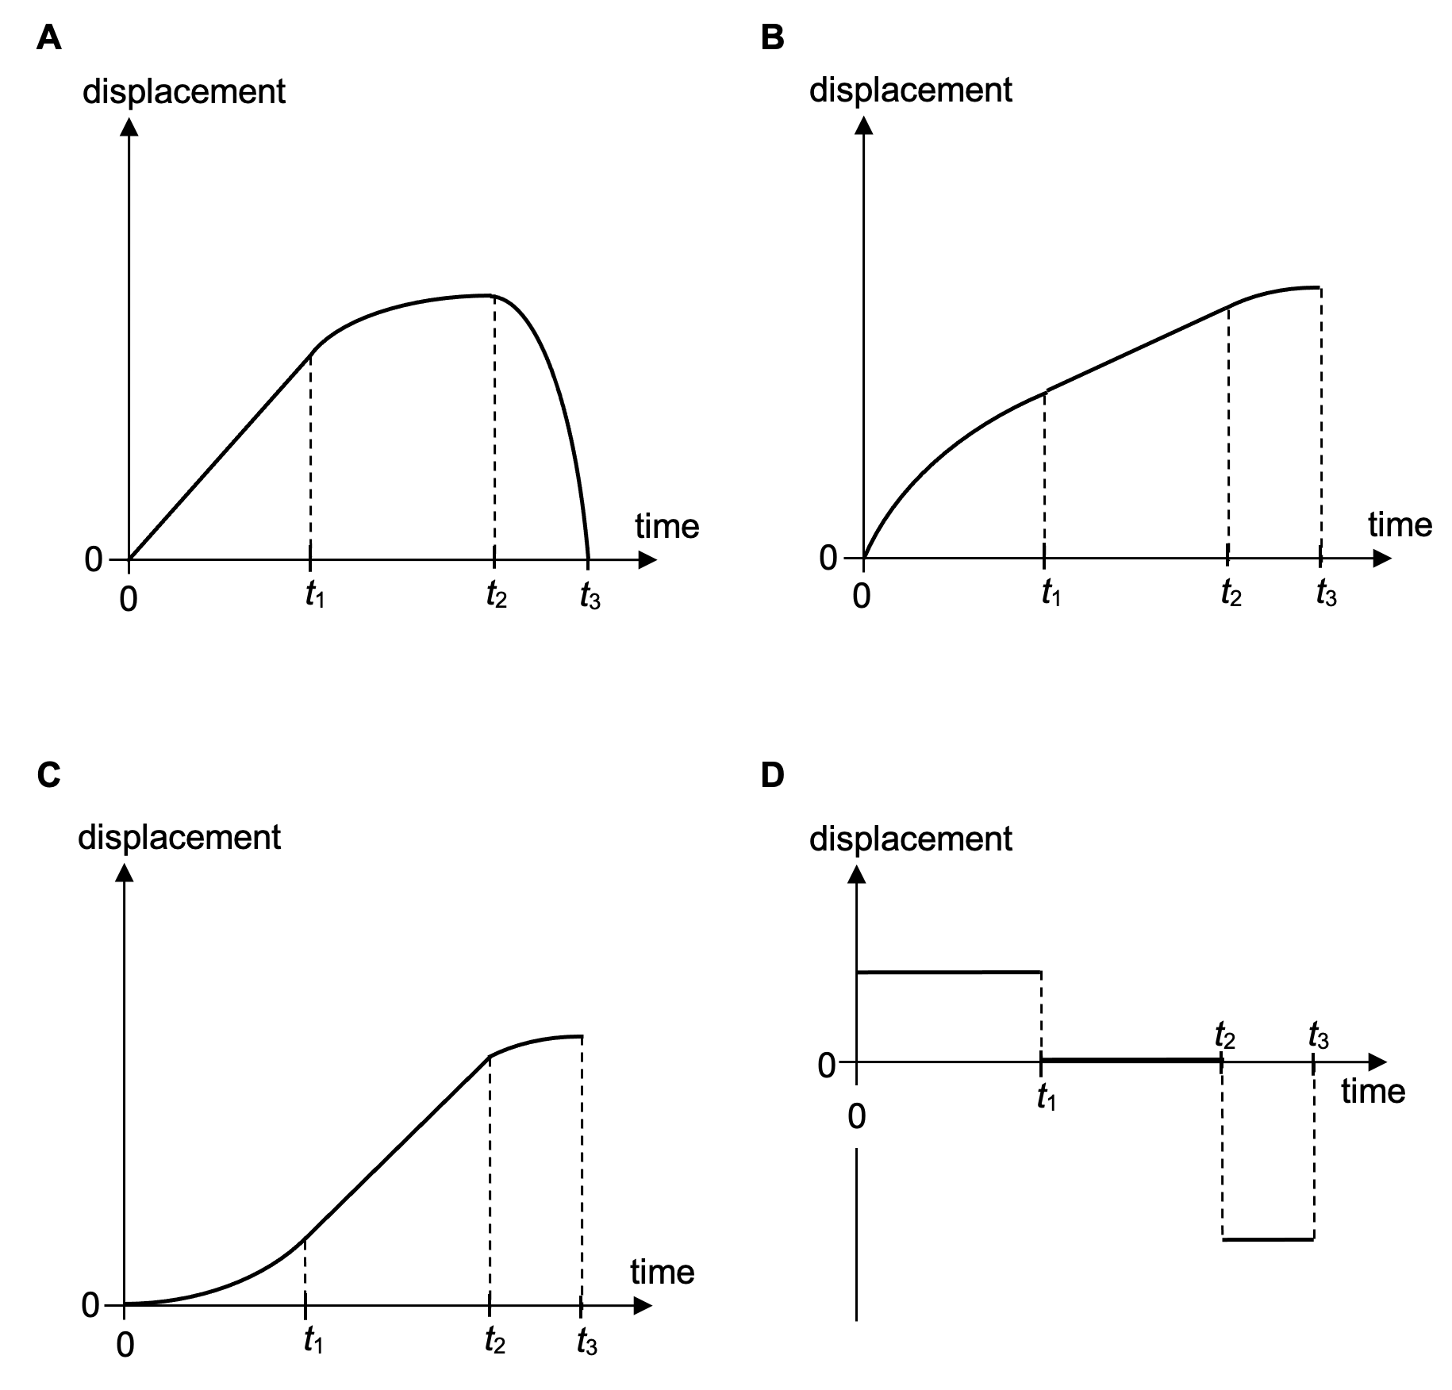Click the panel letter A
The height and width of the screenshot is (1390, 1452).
49,38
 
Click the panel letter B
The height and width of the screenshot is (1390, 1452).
772,38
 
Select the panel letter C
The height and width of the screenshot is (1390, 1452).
49,774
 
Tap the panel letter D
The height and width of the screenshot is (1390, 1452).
772,774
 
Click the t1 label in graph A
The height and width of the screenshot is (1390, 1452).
315,595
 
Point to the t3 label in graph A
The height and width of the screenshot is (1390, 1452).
590,595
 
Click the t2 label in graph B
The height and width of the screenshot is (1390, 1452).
1231,593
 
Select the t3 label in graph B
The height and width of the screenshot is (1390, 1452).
1326,593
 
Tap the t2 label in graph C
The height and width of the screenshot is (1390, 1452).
495,1339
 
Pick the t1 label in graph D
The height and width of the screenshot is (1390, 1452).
1047,1097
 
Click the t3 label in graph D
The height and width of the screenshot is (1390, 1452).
1318,1035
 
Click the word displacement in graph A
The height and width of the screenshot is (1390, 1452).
183,92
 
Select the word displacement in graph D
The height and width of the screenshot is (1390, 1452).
910,839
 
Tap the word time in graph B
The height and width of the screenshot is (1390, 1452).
1400,525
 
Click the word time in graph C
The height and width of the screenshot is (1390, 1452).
662,1272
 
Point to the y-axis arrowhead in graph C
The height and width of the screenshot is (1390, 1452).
125,873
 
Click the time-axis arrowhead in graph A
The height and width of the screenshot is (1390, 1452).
647,560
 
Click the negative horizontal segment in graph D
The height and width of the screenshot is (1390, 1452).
1268,1238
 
